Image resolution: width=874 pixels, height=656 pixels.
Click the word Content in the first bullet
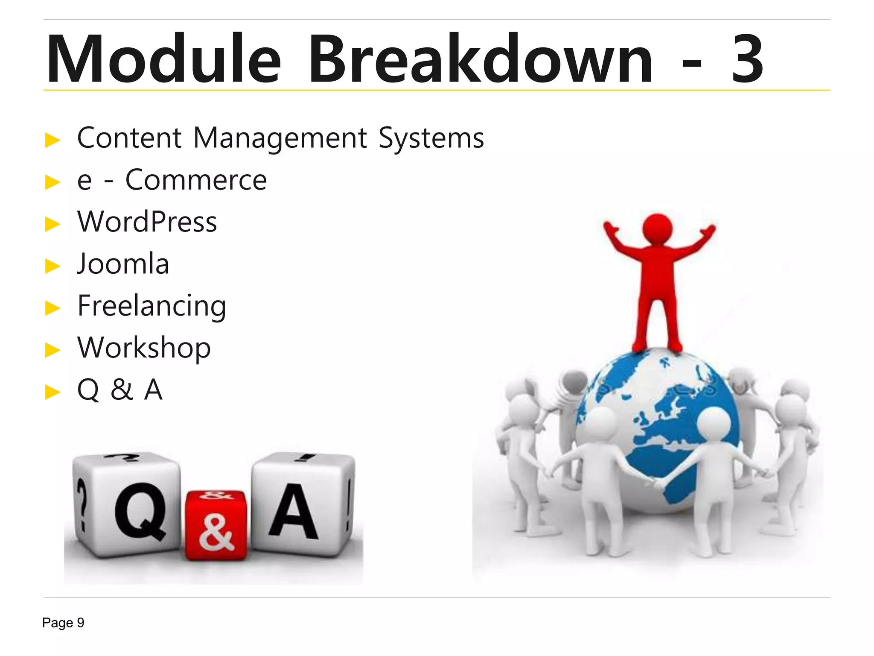[x=129, y=138]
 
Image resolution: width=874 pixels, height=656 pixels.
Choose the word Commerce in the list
[x=196, y=180]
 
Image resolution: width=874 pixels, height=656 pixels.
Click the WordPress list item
[x=147, y=222]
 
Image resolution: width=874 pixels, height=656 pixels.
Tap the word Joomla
[x=123, y=264]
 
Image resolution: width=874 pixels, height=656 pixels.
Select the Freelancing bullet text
[x=151, y=306]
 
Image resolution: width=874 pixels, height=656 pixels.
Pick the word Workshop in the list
[x=144, y=348]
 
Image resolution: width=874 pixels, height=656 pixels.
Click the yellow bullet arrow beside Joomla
[x=53, y=266]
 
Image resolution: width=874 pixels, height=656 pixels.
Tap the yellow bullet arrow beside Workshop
[x=53, y=350]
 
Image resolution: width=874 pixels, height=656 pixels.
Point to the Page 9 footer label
[x=63, y=623]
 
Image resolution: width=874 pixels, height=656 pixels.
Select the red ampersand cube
[x=216, y=525]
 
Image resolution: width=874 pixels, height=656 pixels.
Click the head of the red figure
[x=657, y=229]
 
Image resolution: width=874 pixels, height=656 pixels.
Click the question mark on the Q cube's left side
[x=82, y=504]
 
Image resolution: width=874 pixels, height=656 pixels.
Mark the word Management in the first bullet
[x=280, y=138]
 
